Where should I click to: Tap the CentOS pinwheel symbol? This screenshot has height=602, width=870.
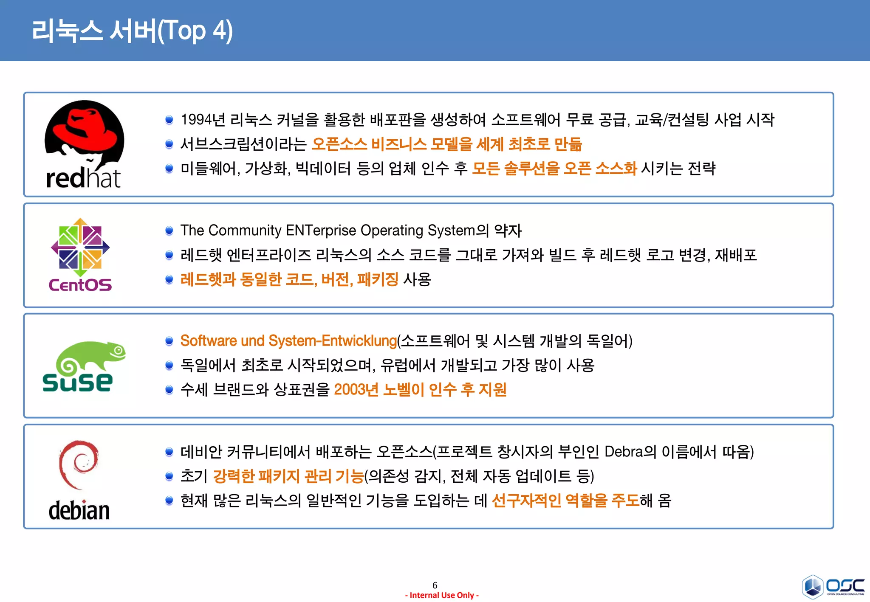point(80,248)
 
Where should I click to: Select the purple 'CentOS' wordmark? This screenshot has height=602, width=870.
point(80,285)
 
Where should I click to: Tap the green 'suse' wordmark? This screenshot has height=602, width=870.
point(78,382)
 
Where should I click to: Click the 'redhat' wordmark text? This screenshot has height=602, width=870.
point(83,178)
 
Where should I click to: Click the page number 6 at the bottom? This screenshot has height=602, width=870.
point(435,585)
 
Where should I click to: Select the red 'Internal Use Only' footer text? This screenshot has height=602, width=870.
point(442,595)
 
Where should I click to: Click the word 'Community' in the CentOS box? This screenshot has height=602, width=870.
point(245,230)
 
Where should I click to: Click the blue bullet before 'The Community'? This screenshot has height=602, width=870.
point(169,231)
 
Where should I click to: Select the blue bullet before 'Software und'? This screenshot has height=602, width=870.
point(169,341)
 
